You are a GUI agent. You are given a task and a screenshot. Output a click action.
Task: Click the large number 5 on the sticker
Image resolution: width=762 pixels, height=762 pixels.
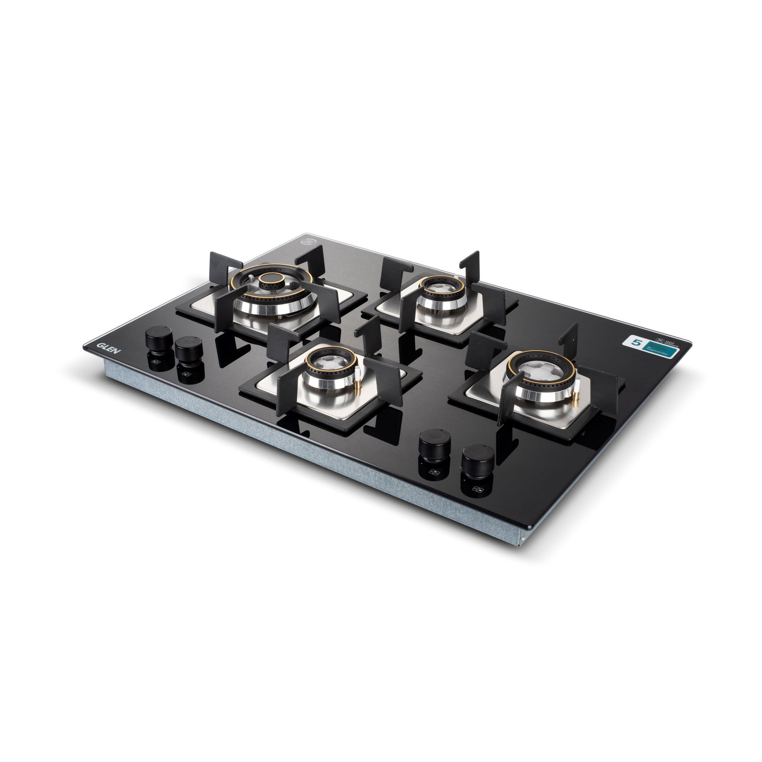coord(635,342)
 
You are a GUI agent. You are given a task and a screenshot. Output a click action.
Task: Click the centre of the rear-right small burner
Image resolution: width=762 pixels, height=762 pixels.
coord(437,288)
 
